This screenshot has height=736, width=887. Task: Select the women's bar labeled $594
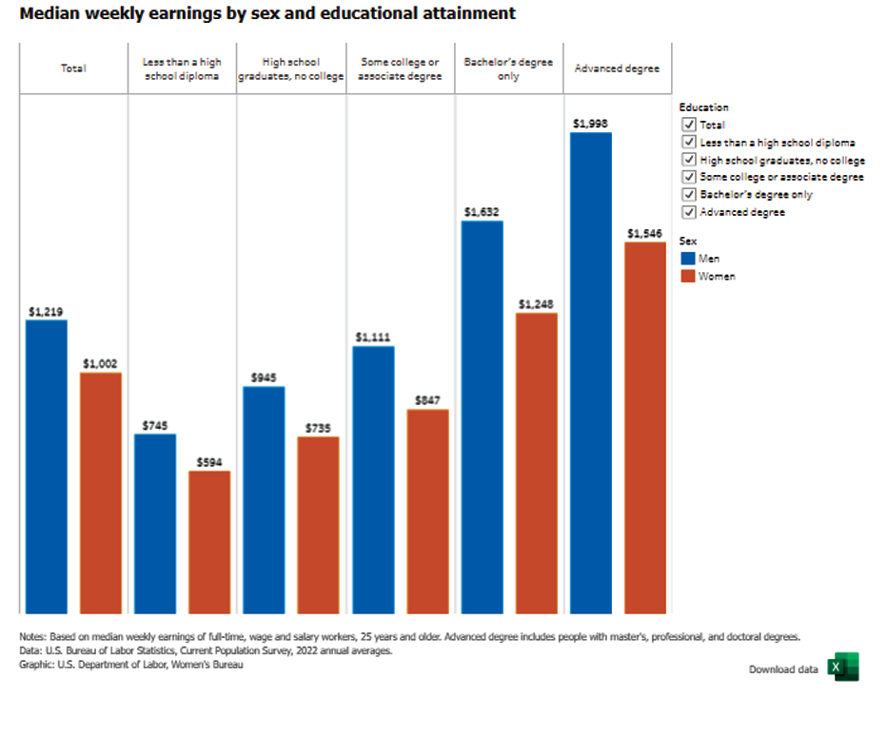pyautogui.click(x=209, y=542)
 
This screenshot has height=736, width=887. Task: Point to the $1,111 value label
pyautogui.click(x=373, y=337)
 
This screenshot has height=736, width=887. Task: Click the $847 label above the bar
pyautogui.click(x=427, y=400)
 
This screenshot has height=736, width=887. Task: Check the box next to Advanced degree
pyautogui.click(x=688, y=212)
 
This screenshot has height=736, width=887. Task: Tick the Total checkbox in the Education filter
pyautogui.click(x=688, y=125)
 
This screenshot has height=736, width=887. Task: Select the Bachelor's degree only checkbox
pyautogui.click(x=688, y=195)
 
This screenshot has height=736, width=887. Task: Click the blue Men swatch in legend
pyautogui.click(x=688, y=259)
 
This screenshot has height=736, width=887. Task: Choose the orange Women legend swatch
pyautogui.click(x=688, y=277)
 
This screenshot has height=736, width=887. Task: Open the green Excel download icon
pyautogui.click(x=842, y=668)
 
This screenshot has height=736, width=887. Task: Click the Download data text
pyautogui.click(x=783, y=669)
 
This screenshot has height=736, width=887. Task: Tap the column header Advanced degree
pyautogui.click(x=618, y=68)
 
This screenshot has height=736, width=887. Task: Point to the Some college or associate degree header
pyautogui.click(x=401, y=68)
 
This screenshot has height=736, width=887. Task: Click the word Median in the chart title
pyautogui.click(x=50, y=13)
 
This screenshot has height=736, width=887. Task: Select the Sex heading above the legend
pyautogui.click(x=688, y=242)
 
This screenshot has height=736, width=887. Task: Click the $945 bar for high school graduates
pyautogui.click(x=264, y=499)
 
